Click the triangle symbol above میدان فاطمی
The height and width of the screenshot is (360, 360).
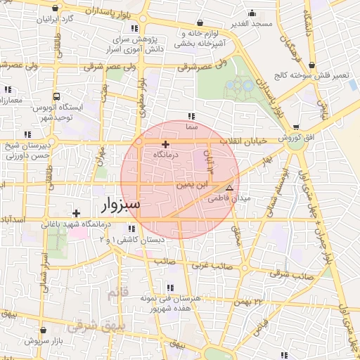point(229,188)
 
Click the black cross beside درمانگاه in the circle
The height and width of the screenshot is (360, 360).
point(165,143)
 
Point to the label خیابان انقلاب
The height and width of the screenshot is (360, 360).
point(244,141)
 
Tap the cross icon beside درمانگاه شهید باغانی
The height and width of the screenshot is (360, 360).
point(77,212)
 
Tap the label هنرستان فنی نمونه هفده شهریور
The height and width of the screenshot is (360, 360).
point(176,303)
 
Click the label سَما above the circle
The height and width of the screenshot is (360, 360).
point(191,127)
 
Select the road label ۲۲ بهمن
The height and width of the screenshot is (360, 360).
point(258,301)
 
